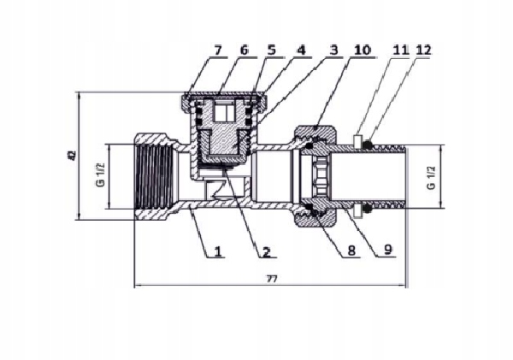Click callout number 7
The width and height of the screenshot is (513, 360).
point(218,50)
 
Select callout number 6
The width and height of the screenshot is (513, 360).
point(244,50)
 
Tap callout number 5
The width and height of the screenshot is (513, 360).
point(272,50)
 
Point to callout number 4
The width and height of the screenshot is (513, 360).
point(301,50)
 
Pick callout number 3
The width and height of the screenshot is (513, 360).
point(333,50)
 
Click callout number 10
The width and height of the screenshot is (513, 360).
point(363,50)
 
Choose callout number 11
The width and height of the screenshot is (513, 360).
point(401,50)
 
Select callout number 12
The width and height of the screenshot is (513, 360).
point(424,50)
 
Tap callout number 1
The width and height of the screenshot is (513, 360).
point(218,251)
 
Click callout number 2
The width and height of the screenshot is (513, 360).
point(266,251)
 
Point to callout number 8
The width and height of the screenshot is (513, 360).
point(351,251)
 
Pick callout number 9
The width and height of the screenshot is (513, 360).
point(387,250)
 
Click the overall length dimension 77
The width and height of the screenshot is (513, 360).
point(272,279)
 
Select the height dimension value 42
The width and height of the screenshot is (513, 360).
point(73,155)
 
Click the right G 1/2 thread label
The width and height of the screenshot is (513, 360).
point(432,178)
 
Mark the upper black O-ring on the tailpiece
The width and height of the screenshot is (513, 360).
point(369,144)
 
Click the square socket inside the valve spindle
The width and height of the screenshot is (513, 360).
point(224,111)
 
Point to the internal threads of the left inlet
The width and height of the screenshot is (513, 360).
point(154,177)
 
